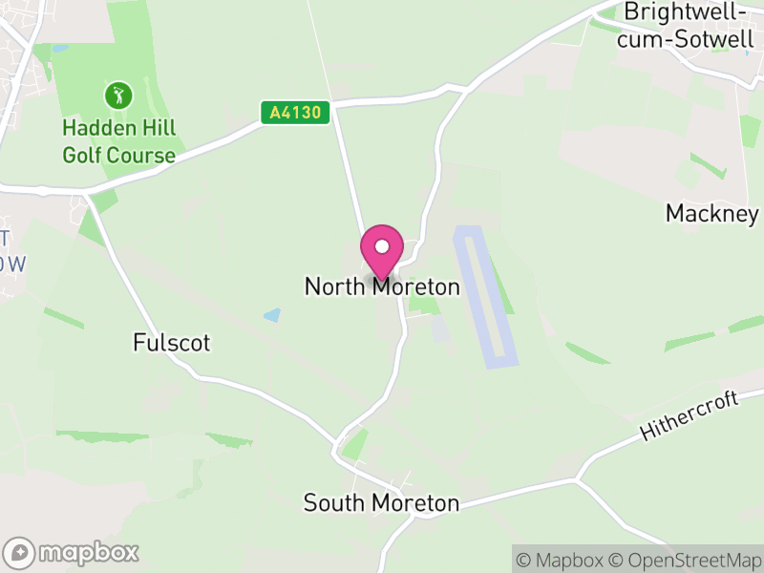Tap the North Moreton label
pyautogui.click(x=382, y=286)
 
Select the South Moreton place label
pyautogui.click(x=381, y=502)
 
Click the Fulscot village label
pyautogui.click(x=172, y=343)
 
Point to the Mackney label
pyautogui.click(x=711, y=213)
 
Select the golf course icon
pyautogui.click(x=118, y=95)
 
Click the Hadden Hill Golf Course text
pyautogui.click(x=119, y=141)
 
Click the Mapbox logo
pyautogui.click(x=73, y=552)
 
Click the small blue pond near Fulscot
pyautogui.click(x=273, y=314)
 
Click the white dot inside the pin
pyautogui.click(x=382, y=246)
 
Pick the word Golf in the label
pyautogui.click(x=83, y=156)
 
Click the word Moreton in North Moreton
pyautogui.click(x=416, y=286)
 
